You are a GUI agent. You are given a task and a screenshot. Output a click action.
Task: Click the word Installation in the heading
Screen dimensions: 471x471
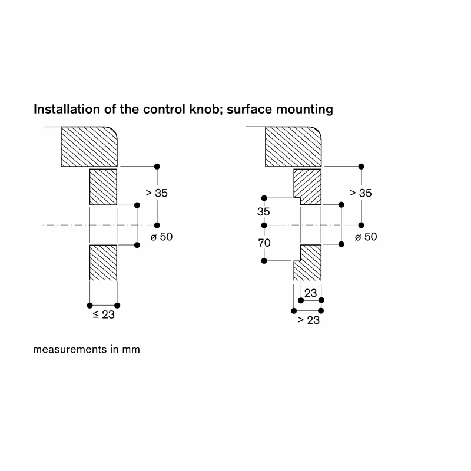point(67,109)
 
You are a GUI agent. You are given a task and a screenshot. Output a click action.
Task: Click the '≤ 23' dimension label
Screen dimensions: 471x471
point(104,314)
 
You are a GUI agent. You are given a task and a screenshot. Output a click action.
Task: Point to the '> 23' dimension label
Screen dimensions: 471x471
point(309,320)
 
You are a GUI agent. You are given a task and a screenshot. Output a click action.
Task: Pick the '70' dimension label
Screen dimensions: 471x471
point(264,243)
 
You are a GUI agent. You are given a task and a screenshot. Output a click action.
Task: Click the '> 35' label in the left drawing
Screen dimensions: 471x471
point(157,193)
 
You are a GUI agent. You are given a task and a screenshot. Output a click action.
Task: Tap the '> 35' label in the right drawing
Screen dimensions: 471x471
point(361,193)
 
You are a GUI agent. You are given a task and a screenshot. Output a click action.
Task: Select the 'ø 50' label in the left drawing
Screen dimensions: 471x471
point(161,237)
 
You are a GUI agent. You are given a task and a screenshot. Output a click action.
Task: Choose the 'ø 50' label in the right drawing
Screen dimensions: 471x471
point(366,237)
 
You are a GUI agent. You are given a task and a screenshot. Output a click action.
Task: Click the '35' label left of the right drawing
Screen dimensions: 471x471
point(263,211)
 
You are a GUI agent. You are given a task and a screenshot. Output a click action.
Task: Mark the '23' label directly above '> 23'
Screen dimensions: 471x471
point(311,293)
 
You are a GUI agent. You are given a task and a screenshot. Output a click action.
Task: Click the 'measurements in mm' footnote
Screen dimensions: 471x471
point(87,349)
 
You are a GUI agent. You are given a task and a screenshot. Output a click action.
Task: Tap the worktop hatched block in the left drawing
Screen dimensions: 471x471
point(89,147)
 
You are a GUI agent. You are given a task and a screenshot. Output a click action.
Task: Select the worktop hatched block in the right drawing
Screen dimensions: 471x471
point(293,147)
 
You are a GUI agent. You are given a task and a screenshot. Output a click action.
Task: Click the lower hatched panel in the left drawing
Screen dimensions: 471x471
point(104,263)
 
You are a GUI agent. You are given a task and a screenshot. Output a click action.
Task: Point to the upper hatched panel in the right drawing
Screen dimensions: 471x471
point(307,187)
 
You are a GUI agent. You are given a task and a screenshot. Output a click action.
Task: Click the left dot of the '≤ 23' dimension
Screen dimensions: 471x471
point(89,306)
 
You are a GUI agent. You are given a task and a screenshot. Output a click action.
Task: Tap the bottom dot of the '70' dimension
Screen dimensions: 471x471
point(264,261)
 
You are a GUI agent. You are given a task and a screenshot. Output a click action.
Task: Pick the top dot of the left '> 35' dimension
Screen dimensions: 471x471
point(157,167)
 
